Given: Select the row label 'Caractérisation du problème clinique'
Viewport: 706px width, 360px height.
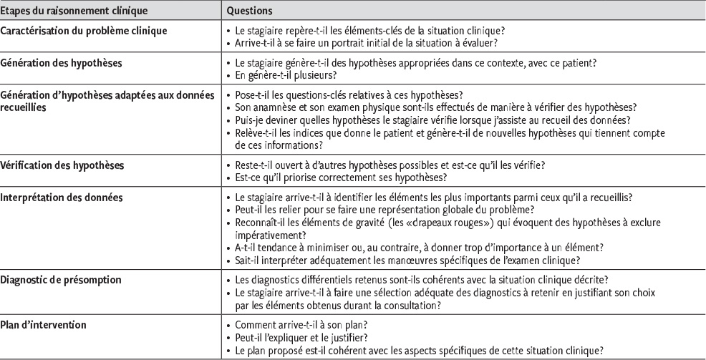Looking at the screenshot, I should click(x=84, y=31).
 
